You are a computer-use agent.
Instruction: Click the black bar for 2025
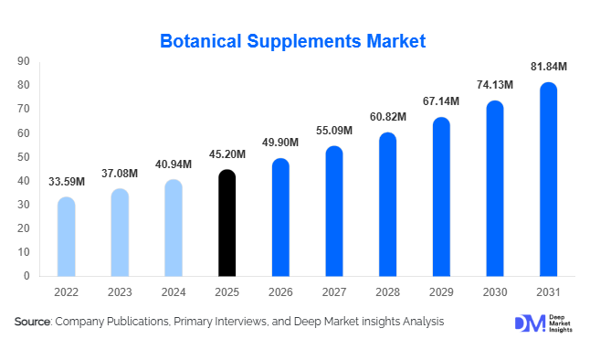click(x=227, y=223)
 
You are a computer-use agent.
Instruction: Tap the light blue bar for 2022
click(x=66, y=237)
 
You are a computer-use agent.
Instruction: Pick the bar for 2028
click(x=388, y=205)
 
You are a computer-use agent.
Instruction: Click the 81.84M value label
click(x=549, y=67)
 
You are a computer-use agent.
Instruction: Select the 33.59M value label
click(x=66, y=181)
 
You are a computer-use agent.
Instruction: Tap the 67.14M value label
click(x=442, y=101)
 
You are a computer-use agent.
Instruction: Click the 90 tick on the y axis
click(x=24, y=61)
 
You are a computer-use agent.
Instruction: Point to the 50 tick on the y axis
click(x=24, y=157)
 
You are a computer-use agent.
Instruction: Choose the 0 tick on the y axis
click(x=26, y=276)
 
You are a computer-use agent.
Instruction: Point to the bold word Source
click(x=33, y=322)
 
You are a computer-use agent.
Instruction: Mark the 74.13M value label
click(x=495, y=85)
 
